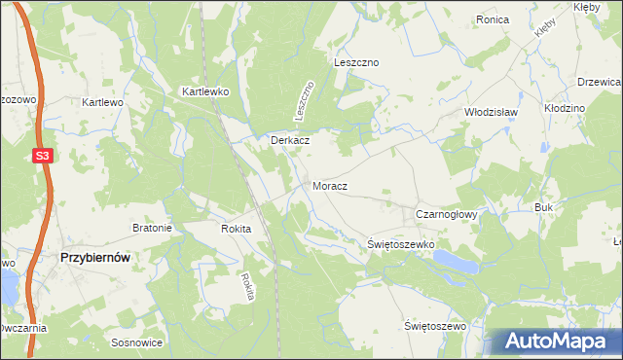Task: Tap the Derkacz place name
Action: point(290,140)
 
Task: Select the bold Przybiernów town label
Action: point(95,258)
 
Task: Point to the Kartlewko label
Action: point(203,91)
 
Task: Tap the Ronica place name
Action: point(493,19)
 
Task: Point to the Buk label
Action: point(543,208)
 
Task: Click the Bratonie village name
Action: point(152,229)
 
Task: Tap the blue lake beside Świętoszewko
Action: point(457,261)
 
